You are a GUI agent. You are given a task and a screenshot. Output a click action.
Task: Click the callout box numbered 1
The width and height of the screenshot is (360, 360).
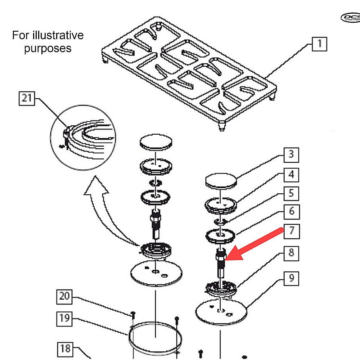tap(319, 44)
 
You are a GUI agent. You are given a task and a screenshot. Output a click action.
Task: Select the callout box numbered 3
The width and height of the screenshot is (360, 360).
tap(291, 154)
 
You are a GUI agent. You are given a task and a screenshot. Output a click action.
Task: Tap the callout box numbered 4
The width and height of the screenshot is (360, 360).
tap(291, 175)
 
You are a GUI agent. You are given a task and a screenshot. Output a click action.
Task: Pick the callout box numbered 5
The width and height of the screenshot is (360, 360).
tap(291, 193)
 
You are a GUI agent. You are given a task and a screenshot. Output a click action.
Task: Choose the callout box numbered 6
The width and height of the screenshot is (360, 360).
tap(291, 211)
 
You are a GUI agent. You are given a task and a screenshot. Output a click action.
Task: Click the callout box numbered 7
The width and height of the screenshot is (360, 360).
tap(291, 230)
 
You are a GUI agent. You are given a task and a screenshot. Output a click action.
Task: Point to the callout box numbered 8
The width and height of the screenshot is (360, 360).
tap(291, 252)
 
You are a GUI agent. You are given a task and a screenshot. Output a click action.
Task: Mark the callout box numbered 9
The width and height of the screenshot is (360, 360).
tap(291, 278)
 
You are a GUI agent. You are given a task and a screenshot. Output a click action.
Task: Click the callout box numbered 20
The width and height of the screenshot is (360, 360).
tap(65, 297)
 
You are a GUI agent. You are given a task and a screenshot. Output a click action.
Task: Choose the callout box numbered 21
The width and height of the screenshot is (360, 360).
tap(27, 98)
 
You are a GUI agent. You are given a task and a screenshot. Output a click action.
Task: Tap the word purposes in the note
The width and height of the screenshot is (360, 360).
tap(48, 48)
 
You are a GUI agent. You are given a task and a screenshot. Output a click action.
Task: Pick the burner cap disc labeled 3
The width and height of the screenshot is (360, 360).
tap(221, 180)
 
